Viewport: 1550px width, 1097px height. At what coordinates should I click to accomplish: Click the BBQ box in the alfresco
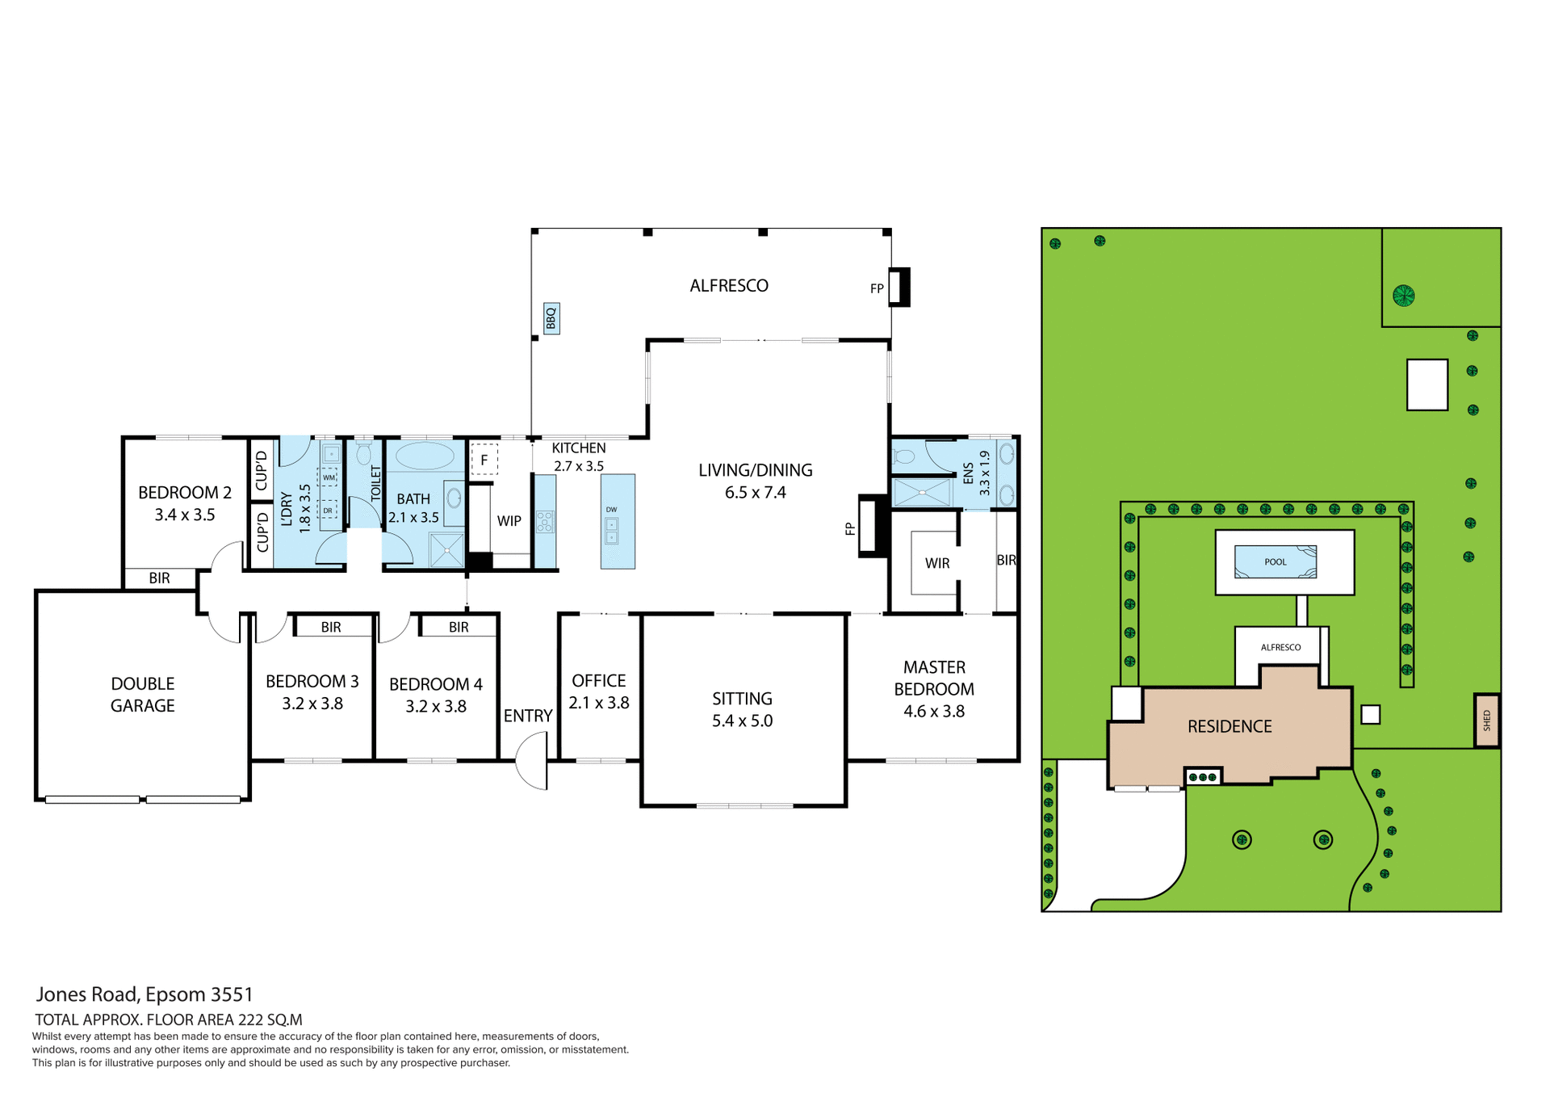pyautogui.click(x=551, y=319)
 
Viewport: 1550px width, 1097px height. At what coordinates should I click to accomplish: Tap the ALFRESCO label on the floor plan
pyautogui.click(x=728, y=285)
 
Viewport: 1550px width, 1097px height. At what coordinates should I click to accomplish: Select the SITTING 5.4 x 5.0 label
pyautogui.click(x=742, y=709)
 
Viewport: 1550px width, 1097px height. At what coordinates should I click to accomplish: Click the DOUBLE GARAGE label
pyautogui.click(x=142, y=695)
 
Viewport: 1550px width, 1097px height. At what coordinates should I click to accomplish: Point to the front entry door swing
pyautogui.click(x=532, y=761)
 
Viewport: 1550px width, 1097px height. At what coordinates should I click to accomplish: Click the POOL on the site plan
pyautogui.click(x=1275, y=561)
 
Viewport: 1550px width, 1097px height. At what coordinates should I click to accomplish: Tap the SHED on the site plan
pyautogui.click(x=1486, y=720)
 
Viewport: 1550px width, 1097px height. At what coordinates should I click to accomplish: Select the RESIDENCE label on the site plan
pyautogui.click(x=1229, y=726)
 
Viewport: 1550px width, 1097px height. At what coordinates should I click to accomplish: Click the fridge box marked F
pyautogui.click(x=484, y=460)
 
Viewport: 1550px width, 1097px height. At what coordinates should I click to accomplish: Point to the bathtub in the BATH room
pyautogui.click(x=425, y=456)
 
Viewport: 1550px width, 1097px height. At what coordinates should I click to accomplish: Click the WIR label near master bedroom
pyautogui.click(x=936, y=563)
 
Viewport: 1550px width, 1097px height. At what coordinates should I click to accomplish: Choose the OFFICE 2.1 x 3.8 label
pyautogui.click(x=598, y=691)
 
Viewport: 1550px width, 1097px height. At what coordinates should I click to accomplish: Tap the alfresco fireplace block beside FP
pyautogui.click(x=900, y=287)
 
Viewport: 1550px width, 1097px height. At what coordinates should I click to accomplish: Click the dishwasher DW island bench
pyautogui.click(x=618, y=522)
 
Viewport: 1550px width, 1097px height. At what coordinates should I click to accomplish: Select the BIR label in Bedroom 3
pyautogui.click(x=331, y=627)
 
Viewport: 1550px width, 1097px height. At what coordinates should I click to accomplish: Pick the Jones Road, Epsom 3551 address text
pyautogui.click(x=145, y=994)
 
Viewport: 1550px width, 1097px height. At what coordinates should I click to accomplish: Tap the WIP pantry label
pyautogui.click(x=509, y=521)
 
